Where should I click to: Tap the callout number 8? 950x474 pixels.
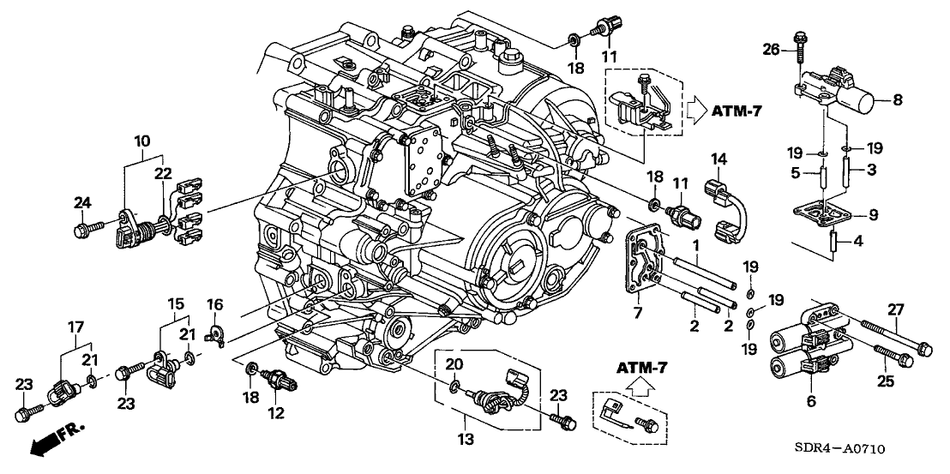coord(898,100)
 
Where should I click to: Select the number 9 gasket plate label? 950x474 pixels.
coord(898,213)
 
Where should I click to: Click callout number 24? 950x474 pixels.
coord(82,202)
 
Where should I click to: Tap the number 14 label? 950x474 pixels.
coord(719,159)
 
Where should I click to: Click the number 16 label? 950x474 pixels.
coord(213,304)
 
